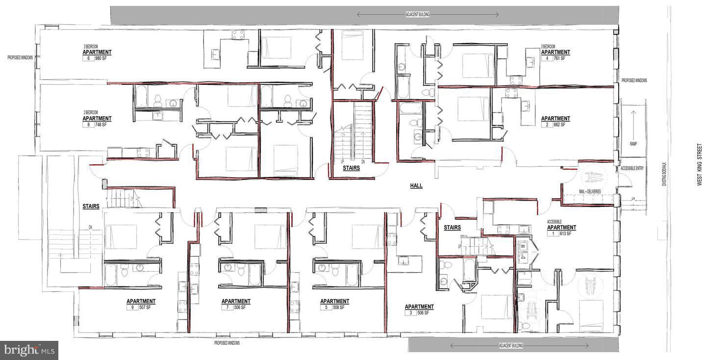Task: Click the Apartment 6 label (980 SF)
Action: click(x=97, y=53)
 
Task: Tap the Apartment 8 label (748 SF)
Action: click(x=97, y=120)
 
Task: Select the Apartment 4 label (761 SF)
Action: click(x=555, y=53)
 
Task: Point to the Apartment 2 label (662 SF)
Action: click(x=555, y=120)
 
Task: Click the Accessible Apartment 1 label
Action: click(x=561, y=228)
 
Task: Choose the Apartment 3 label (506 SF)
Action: click(x=419, y=309)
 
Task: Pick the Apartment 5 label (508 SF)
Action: click(x=334, y=303)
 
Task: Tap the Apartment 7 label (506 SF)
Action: click(x=235, y=303)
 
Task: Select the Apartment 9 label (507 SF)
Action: click(x=141, y=303)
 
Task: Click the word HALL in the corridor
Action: click(x=416, y=186)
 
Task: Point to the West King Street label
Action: click(x=700, y=164)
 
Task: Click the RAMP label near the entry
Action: click(x=632, y=144)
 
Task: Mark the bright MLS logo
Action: click(x=29, y=350)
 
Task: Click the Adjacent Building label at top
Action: click(x=417, y=15)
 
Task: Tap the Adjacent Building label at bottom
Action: click(x=511, y=346)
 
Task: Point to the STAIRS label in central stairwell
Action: click(x=351, y=168)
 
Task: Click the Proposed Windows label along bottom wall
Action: click(x=227, y=343)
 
